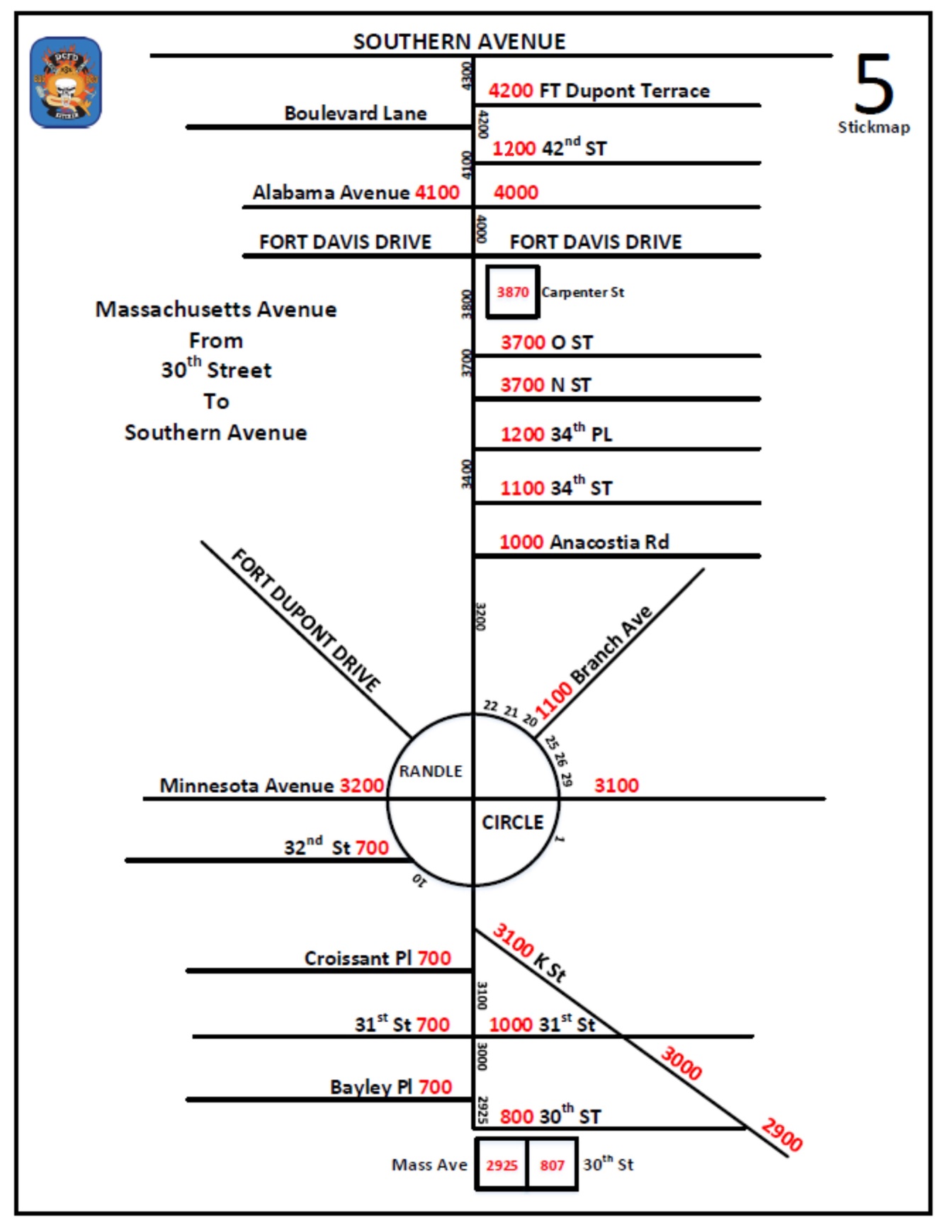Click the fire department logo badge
point(65,82)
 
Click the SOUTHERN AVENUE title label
point(459,42)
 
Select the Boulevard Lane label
point(355,113)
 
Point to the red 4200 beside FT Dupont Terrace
point(510,91)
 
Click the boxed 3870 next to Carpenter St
point(512,292)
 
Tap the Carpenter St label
point(582,292)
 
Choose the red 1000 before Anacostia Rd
point(521,542)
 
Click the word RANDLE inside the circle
point(430,771)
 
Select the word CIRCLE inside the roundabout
point(512,823)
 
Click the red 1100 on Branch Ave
point(553,700)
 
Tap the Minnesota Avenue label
point(247,786)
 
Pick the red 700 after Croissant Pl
point(434,958)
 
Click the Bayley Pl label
point(371,1087)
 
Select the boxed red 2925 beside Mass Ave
point(502,1165)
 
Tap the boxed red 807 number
point(552,1165)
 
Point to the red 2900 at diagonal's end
point(781,1134)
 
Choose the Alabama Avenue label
point(331,193)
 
